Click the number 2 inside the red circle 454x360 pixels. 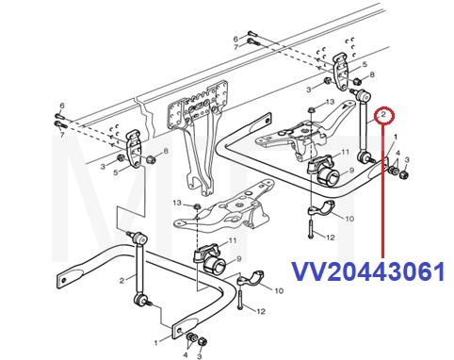(x=383, y=116)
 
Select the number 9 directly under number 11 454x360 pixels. (x=352, y=172)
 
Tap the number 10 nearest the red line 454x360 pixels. (x=349, y=218)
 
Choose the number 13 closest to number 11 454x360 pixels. (x=328, y=100)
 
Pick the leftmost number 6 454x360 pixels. (x=61, y=105)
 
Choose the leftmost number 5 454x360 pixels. (x=116, y=172)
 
